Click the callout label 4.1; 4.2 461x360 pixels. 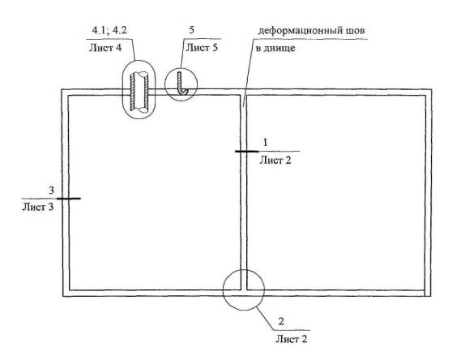point(109,30)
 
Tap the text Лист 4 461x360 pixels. point(105,48)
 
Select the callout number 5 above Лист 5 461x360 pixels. point(192,30)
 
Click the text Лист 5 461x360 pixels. point(202,48)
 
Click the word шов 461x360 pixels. point(356,31)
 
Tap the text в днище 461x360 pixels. point(275,48)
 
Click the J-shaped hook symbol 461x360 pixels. point(182,84)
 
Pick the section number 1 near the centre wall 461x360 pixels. point(265,143)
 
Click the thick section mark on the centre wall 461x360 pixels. point(246,152)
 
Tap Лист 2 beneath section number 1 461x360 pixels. point(275,161)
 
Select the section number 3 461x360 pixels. point(52,191)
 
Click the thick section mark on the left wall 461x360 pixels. point(69,199)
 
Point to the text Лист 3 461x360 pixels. point(38,208)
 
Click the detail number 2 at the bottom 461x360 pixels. point(281,321)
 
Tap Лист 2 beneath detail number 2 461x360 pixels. point(292,339)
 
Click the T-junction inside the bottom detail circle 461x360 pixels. point(244,290)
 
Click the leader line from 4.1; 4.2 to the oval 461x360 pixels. point(133,49)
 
